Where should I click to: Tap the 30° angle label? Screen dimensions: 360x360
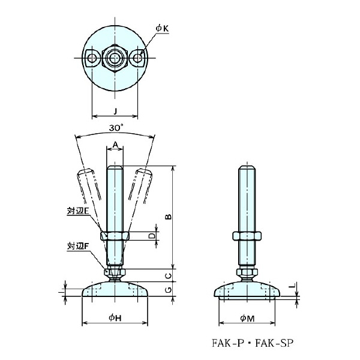pos(116,127)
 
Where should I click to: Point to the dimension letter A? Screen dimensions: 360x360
pos(115,144)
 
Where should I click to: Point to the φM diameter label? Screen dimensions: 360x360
pos(248,318)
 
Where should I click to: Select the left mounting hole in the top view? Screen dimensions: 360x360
pos(92,58)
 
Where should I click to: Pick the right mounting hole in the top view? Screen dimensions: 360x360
pos(139,58)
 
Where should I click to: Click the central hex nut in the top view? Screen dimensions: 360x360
pos(115,58)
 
